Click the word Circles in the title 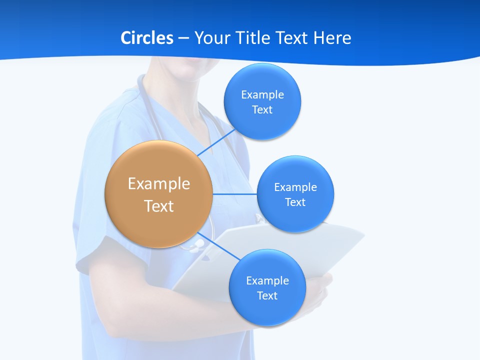click(x=146, y=37)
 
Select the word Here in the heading click(x=332, y=37)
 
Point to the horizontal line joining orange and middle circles click(x=235, y=194)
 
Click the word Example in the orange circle click(x=158, y=183)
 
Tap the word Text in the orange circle click(x=158, y=206)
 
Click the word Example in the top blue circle click(x=262, y=94)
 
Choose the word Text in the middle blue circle click(x=295, y=202)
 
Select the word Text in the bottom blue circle click(x=267, y=295)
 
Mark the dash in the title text click(x=183, y=38)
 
